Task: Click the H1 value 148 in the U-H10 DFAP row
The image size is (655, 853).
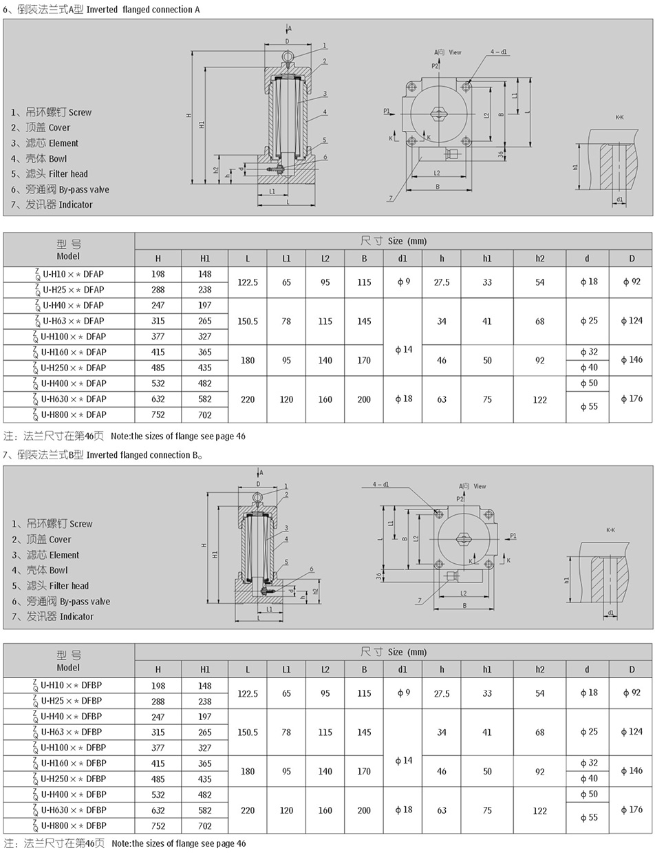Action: tap(205, 274)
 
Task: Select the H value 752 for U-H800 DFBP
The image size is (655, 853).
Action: tap(158, 825)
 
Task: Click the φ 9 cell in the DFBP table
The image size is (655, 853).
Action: tap(403, 693)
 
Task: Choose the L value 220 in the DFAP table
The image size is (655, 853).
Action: tap(248, 399)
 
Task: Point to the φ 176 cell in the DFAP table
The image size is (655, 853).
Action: tap(631, 399)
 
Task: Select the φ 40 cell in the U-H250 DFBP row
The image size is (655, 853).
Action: tap(588, 779)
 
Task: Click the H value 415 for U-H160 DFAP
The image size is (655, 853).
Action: tap(158, 352)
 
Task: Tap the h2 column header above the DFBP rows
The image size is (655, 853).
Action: tap(539, 669)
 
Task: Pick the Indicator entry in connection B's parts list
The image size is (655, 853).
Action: tap(60, 616)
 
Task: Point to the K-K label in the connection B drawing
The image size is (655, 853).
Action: tap(610, 530)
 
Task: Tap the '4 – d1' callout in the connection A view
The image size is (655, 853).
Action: tap(499, 52)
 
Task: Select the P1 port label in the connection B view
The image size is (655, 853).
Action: tap(513, 536)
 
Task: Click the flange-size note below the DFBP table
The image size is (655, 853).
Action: tap(125, 843)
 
